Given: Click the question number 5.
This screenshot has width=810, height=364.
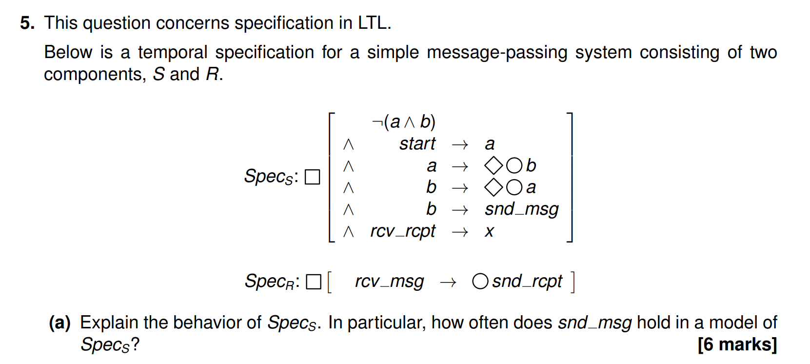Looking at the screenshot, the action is click(27, 23).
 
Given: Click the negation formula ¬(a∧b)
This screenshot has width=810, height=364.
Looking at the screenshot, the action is click(403, 121).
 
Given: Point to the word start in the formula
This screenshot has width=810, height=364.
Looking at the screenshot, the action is click(417, 143).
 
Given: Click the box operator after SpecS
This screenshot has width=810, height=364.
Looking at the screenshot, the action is click(312, 177).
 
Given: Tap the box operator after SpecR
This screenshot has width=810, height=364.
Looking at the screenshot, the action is click(314, 282).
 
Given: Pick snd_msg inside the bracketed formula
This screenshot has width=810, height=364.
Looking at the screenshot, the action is click(521, 209).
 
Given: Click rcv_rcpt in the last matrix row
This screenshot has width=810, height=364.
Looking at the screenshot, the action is click(402, 231).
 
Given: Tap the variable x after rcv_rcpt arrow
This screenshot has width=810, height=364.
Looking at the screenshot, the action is click(489, 231).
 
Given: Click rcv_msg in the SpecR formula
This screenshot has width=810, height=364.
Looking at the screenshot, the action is click(389, 282).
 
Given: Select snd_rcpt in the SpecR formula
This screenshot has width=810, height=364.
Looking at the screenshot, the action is click(527, 282).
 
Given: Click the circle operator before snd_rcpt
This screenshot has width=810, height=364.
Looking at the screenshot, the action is click(480, 282).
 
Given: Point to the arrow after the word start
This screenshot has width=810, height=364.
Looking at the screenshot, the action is click(460, 144).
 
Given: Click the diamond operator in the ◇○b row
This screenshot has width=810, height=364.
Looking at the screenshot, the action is click(494, 165).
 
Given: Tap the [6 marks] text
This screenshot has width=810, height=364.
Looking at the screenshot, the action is click(737, 344).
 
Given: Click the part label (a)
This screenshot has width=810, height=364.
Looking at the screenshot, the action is click(59, 323).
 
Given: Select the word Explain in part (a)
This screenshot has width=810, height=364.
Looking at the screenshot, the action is click(109, 323).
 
